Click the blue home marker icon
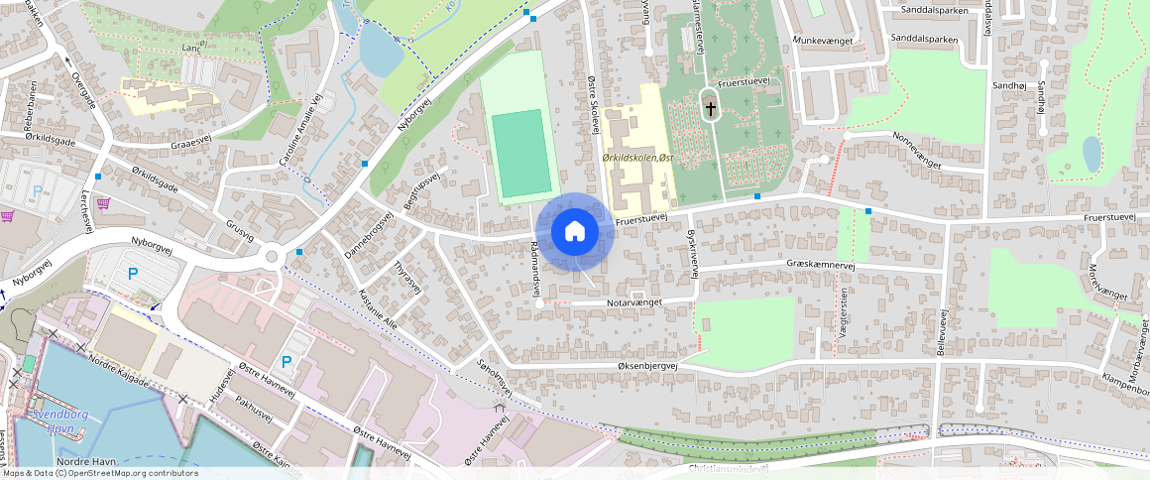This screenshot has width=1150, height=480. (574, 232)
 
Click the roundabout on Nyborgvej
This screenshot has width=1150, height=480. (272, 258)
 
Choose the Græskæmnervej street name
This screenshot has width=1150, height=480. (819, 265)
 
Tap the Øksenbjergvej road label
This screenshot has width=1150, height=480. (632, 366)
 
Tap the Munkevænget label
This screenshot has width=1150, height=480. (821, 41)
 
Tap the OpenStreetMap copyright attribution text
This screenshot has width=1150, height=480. (99, 473)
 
